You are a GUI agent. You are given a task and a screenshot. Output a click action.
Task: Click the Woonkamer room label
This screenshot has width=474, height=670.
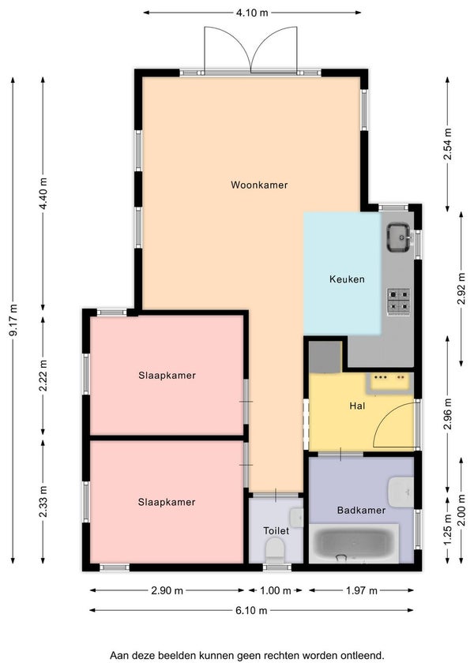(259, 185)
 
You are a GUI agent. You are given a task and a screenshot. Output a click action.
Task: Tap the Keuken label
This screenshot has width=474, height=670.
(347, 279)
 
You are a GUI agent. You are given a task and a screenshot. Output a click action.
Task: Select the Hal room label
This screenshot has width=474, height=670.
(357, 406)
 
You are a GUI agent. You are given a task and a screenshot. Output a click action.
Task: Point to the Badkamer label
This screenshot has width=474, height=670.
(361, 510)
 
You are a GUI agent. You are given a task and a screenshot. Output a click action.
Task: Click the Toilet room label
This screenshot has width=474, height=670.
(276, 530)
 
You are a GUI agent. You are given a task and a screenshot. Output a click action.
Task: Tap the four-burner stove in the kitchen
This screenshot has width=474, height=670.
(399, 301)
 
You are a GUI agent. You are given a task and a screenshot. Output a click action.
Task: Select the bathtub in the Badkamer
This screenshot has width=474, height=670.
(354, 544)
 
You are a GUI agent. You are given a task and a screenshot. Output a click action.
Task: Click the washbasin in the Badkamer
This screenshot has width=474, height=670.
(401, 492)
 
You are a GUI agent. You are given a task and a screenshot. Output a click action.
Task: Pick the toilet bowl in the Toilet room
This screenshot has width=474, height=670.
(275, 551)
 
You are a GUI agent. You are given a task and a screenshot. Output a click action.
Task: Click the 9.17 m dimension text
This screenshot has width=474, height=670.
(13, 320)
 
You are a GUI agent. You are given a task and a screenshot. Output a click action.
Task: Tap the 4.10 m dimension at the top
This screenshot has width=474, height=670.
(252, 13)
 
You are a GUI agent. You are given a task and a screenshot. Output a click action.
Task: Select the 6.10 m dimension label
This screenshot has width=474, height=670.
(251, 610)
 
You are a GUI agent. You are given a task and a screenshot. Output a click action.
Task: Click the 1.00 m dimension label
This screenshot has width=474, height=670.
(276, 590)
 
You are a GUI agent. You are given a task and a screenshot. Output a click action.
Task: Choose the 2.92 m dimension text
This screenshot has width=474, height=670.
(461, 288)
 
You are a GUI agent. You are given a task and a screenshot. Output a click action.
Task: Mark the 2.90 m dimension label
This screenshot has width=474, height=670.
(167, 590)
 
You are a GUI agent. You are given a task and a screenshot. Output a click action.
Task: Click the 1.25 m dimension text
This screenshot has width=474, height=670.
(447, 529)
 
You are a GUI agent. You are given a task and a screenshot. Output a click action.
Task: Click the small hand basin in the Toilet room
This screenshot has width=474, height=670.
(296, 518)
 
